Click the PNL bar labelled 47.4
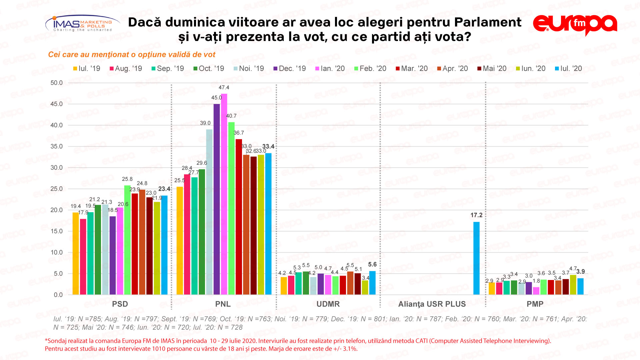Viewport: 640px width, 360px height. [x=224, y=194]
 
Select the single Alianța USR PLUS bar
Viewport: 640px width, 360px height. [x=476, y=258]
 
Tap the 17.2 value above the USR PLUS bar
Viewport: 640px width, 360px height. [x=476, y=215]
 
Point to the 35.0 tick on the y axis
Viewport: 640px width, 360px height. [x=56, y=146]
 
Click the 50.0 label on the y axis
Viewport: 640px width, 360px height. [x=56, y=83]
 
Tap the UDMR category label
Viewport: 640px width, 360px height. [x=328, y=304]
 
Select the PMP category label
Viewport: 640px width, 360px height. [x=535, y=304]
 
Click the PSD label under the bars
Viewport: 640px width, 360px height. [x=120, y=304]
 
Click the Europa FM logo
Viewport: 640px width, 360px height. [x=575, y=24]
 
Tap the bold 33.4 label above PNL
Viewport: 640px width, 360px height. [x=268, y=146]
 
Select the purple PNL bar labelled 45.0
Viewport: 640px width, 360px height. [x=217, y=199]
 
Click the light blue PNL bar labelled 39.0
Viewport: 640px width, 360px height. [x=209, y=212]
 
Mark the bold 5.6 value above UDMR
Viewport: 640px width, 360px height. [x=372, y=264]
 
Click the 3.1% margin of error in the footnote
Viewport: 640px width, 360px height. [x=350, y=349]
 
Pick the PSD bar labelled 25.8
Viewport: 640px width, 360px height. [x=127, y=240]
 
